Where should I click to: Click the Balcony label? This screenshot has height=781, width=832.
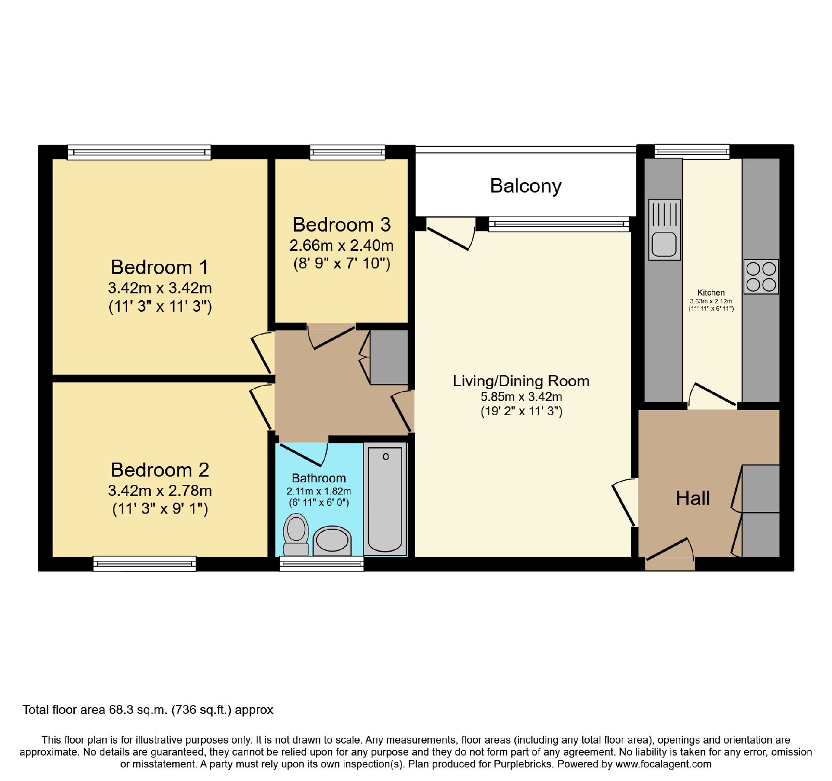coord(526,186)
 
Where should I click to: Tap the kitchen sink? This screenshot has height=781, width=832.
coord(665,229)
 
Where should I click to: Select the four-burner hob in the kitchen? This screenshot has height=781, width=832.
coord(761,277)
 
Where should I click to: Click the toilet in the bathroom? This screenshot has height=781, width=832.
coord(296,534)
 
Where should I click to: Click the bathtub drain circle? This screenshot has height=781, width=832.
coord(386,457)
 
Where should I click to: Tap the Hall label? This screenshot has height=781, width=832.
coord(693,498)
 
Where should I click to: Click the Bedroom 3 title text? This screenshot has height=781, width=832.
coord(342,225)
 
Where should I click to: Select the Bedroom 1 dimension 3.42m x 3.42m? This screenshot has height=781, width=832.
coord(160,288)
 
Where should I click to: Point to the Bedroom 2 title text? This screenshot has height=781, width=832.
coord(160,470)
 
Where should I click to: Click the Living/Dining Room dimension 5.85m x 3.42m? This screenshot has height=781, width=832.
coord(521,396)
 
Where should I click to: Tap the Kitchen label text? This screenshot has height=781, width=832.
coord(711,292)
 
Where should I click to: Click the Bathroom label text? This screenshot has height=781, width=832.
coord(319,478)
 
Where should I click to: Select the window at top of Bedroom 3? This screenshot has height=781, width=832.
coord(347,152)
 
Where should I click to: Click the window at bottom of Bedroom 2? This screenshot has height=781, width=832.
coord(145,564)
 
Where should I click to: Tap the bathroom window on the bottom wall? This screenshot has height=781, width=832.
coord(322,564)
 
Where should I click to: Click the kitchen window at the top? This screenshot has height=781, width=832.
coord(692,151)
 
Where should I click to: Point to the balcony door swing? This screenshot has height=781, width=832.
coord(450,233)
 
